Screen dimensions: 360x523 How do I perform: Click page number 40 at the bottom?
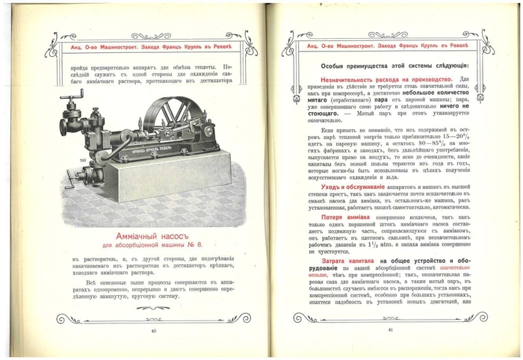point(153,330)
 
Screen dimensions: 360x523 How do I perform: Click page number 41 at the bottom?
point(390,329)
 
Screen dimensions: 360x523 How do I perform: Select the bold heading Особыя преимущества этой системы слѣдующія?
point(390,66)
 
